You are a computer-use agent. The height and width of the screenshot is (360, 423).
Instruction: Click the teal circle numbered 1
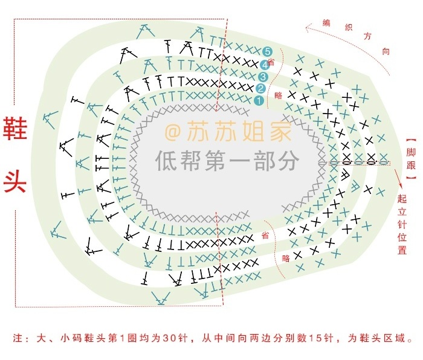click(258, 100)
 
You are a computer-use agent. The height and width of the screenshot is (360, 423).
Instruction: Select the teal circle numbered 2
click(261, 89)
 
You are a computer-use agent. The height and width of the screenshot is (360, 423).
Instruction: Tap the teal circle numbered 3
click(263, 77)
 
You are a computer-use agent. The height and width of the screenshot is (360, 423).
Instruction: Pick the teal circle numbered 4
click(265, 64)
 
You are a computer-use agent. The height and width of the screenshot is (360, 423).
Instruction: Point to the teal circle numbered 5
click(267, 52)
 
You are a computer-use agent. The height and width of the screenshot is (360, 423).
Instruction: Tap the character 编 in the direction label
click(327, 23)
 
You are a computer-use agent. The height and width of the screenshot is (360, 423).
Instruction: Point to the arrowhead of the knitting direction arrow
click(307, 27)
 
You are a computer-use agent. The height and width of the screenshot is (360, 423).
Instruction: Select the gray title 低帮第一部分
click(227, 160)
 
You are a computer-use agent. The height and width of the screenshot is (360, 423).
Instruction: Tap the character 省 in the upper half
click(271, 63)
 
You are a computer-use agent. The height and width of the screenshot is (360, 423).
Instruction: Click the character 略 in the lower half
click(285, 258)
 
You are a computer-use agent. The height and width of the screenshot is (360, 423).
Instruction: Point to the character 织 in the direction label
click(348, 27)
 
